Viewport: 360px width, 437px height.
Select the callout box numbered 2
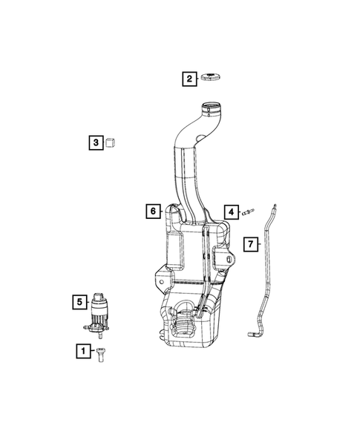pyautogui.click(x=189, y=78)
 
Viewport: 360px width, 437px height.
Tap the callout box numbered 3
pyautogui.click(x=95, y=142)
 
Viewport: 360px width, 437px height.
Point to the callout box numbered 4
pyautogui.click(x=232, y=212)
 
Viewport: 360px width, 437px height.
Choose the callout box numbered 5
pyautogui.click(x=78, y=301)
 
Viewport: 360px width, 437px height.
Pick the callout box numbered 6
pyautogui.click(x=152, y=211)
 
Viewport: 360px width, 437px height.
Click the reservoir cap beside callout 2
pyautogui.click(x=214, y=78)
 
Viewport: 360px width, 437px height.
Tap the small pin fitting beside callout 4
pyautogui.click(x=250, y=212)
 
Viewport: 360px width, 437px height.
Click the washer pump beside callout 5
pyautogui.click(x=99, y=312)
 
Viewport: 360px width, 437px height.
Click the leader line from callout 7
pyautogui.click(x=262, y=243)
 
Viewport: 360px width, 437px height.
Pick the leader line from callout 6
pyautogui.click(x=163, y=211)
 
